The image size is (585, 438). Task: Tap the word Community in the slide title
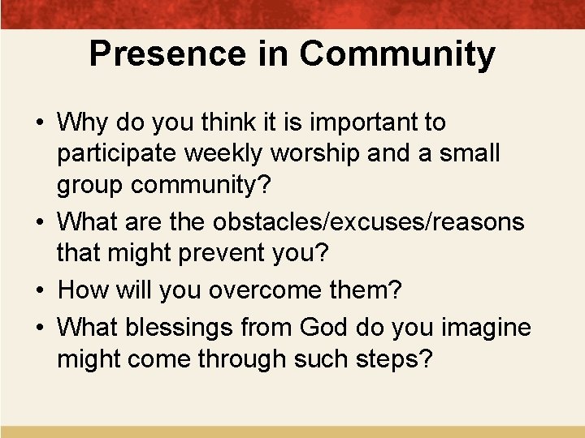pos(396,54)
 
